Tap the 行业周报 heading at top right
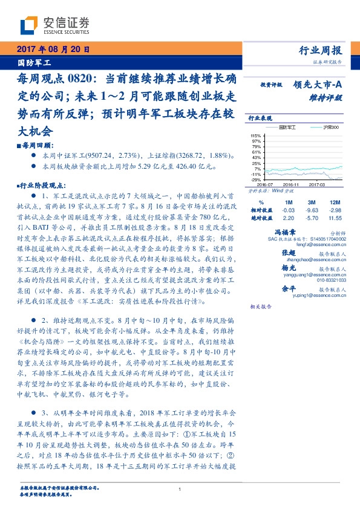pyautogui.click(x=321, y=51)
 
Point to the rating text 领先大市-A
pyautogui.click(x=318, y=85)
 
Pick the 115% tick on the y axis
pyautogui.click(x=255, y=136)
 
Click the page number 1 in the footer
pyautogui.click(x=180, y=489)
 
